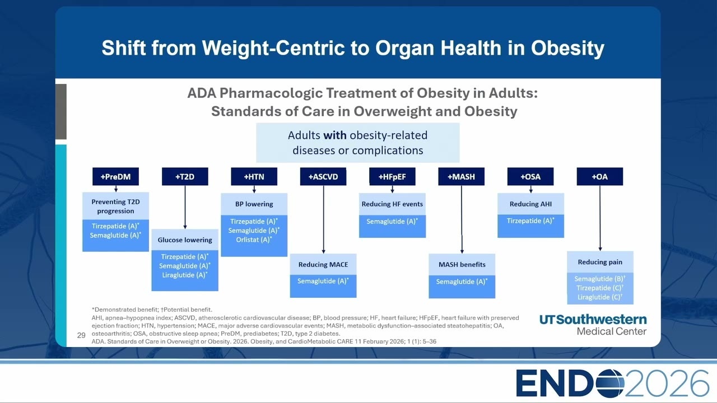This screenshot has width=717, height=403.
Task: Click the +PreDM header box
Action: (x=115, y=176)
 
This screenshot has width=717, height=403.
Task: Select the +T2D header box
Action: (x=185, y=176)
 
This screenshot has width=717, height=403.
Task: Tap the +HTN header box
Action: (x=254, y=176)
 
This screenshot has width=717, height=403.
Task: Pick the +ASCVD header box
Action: (x=323, y=176)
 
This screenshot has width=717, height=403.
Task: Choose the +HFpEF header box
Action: (x=393, y=176)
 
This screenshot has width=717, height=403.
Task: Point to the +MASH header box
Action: (x=461, y=176)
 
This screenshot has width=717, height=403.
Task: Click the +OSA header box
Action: (x=530, y=176)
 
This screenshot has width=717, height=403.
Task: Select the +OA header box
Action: (x=600, y=176)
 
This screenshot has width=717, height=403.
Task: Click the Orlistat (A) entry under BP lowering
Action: (x=254, y=240)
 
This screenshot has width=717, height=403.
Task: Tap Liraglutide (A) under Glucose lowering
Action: (x=185, y=275)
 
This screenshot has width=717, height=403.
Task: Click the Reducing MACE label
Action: (x=323, y=265)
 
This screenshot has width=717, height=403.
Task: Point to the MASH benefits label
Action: (x=462, y=265)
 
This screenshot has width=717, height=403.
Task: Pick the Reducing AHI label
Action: (x=530, y=204)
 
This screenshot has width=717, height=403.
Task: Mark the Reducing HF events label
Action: (x=393, y=204)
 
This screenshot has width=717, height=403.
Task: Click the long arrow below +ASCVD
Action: (x=323, y=219)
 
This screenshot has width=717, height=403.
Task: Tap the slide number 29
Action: (x=81, y=335)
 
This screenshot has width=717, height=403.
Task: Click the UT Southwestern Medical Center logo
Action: (x=593, y=325)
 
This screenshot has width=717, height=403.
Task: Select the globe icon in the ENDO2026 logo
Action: (x=607, y=383)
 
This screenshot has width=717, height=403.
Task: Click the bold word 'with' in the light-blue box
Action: (x=335, y=135)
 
